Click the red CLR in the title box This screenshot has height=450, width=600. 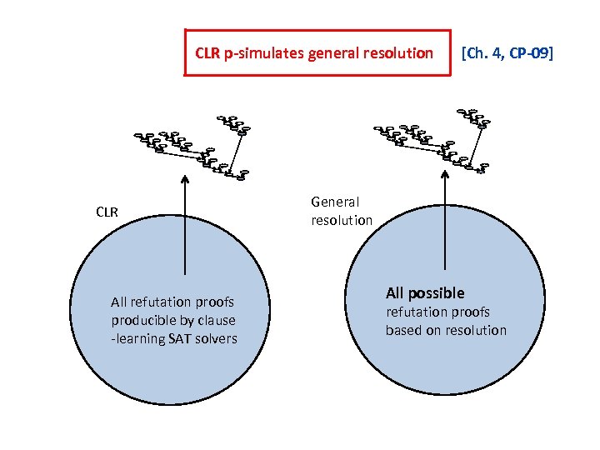207,54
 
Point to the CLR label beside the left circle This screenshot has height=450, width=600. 107,212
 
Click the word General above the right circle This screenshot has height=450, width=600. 335,202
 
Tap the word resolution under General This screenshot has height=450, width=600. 342,220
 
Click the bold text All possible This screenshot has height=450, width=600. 425,293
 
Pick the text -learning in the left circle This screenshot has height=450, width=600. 137,338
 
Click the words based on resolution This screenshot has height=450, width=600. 446,330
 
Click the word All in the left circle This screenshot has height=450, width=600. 120,302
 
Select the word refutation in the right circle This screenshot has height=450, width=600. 415,312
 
